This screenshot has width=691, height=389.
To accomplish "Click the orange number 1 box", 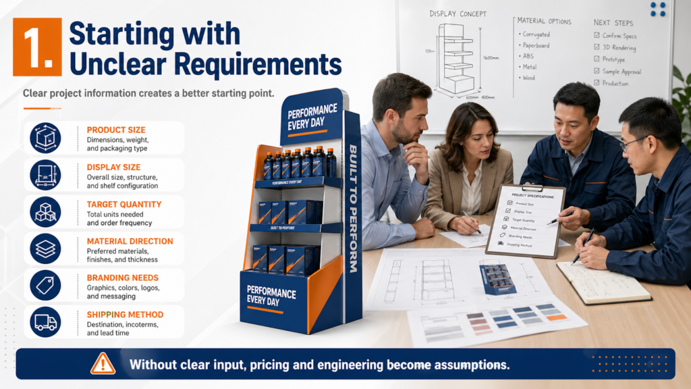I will [x=37, y=47].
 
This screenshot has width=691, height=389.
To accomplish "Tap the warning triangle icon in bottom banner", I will [x=103, y=363].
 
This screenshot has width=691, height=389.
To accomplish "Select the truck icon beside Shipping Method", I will [x=45, y=322].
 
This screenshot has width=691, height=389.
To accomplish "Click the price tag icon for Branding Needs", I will [x=45, y=285].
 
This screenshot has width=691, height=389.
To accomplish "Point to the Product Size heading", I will [x=115, y=130].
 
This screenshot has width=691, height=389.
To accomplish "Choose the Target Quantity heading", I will [x=123, y=204].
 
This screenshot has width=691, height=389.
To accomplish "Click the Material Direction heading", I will [x=130, y=241].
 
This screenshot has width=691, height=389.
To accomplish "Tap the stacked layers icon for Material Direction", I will [x=45, y=249].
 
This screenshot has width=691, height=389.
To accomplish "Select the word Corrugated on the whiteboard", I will [x=536, y=34].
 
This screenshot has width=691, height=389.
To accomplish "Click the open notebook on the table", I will [x=603, y=282].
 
